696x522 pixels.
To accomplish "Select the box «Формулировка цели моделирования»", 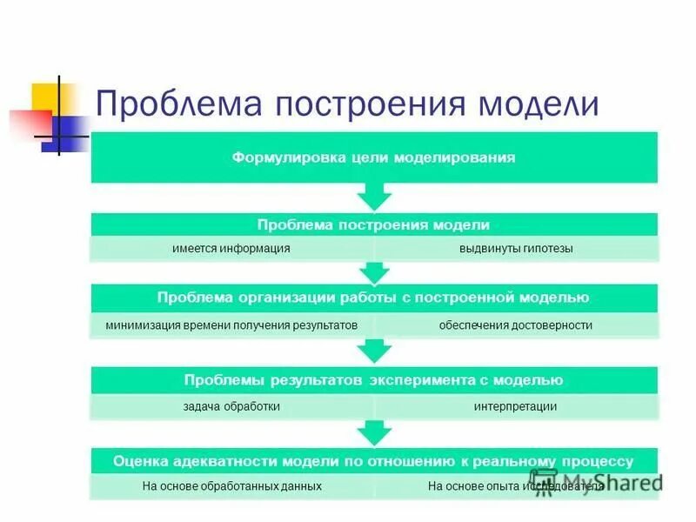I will [374, 157].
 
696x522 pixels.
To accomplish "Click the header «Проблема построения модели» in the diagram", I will [374, 224].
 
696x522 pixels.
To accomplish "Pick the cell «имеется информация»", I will [231, 249].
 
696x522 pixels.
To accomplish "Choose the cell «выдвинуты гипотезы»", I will [516, 249].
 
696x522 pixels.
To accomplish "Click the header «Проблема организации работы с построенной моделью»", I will [374, 298].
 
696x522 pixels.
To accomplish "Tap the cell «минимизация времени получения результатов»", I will [231, 325].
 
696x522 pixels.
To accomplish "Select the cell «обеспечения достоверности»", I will [516, 325].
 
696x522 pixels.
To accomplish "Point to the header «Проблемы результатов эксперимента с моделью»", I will [374, 380].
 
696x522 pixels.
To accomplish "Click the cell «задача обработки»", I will [231, 406].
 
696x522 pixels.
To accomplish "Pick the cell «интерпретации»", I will [516, 406].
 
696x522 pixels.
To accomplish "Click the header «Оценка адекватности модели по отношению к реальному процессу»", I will [374, 461].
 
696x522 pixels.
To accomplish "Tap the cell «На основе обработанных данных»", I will [231, 486].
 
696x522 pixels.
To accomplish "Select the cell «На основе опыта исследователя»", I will [516, 486].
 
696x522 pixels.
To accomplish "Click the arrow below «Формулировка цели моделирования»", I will [375, 196].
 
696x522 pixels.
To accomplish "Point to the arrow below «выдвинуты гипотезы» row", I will [375, 273].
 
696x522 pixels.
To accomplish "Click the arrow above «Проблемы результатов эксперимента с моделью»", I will [375, 351].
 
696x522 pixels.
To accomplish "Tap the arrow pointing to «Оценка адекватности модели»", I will [375, 432].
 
